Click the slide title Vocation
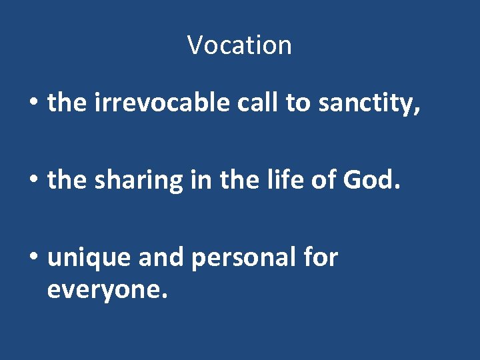point(239,45)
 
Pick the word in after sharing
point(197,181)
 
